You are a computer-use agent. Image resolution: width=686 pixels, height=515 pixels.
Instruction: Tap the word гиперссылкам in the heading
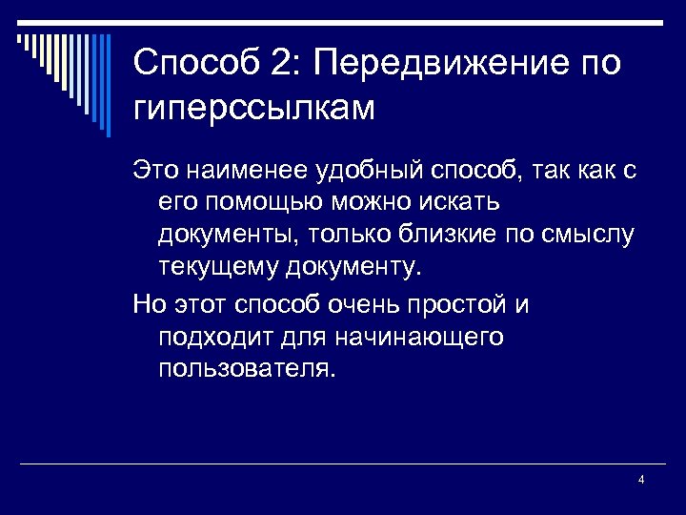click(x=254, y=108)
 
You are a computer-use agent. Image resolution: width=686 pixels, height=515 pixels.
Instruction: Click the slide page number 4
click(x=641, y=479)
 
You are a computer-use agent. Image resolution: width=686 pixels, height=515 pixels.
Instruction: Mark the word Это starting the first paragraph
click(x=153, y=171)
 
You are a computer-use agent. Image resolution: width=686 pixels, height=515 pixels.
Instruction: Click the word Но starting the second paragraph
click(x=149, y=305)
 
